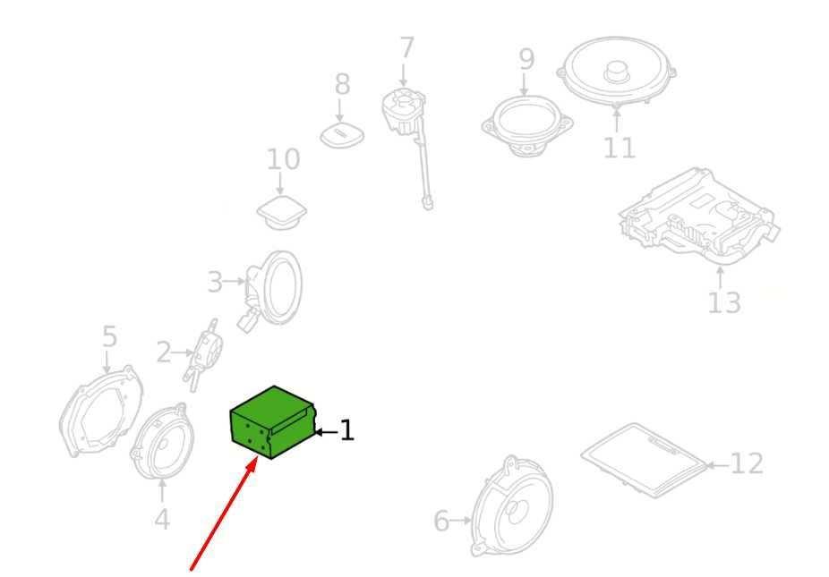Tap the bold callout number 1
(346, 430)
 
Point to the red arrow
(224, 514)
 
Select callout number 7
(406, 47)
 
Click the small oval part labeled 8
(342, 135)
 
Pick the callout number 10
(283, 159)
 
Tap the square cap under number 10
(282, 212)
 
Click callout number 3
(215, 282)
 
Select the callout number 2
(164, 352)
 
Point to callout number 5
(109, 336)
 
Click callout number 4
(162, 519)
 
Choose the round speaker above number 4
(162, 442)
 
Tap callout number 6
(441, 521)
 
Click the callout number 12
(747, 464)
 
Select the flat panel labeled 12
(644, 460)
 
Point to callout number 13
(724, 302)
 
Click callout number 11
(620, 148)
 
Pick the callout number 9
(526, 59)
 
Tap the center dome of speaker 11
(615, 71)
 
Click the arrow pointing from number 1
(326, 432)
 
